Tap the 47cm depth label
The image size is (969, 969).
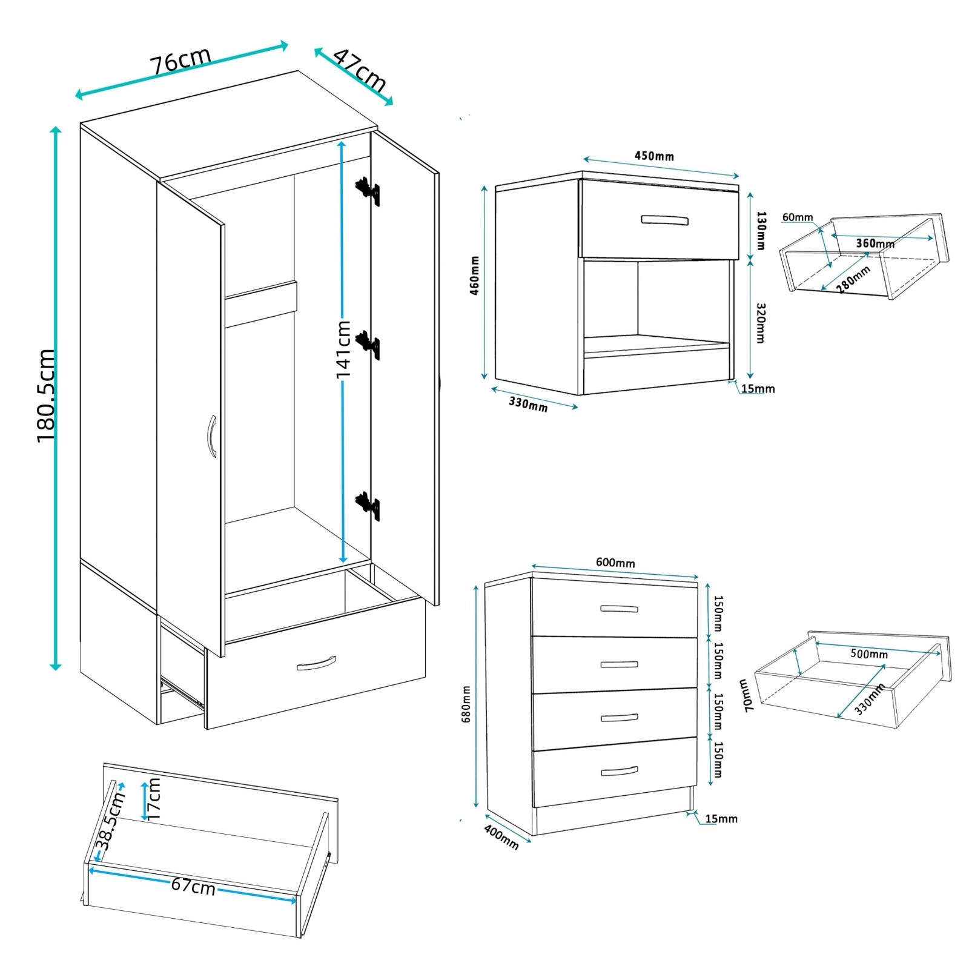coord(360,70)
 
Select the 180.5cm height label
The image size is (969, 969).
coord(47,395)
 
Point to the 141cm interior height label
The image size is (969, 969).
coord(343,348)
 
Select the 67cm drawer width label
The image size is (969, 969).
coord(193,886)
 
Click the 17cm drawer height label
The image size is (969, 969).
coord(154,798)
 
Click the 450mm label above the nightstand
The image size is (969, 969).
coord(654,156)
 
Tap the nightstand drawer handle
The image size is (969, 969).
coord(664,220)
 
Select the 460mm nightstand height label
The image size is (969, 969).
coord(475,276)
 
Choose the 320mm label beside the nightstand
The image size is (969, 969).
coord(761,323)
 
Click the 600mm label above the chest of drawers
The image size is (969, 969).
coord(615,563)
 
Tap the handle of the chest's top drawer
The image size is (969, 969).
coord(618,609)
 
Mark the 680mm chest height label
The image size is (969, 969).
coord(466,704)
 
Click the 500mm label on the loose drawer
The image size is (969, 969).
coord(869,654)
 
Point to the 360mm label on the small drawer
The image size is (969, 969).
coord(875,243)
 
